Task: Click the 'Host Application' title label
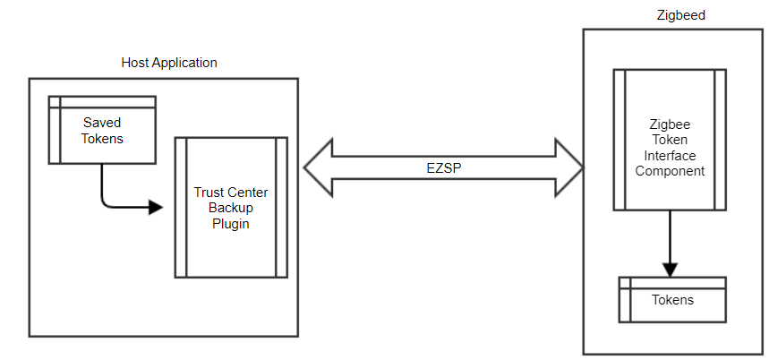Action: point(169,63)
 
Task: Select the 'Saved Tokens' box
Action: point(102,130)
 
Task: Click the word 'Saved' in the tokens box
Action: point(102,122)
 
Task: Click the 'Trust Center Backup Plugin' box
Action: point(231,208)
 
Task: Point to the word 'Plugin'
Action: point(231,224)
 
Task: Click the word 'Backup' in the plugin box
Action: point(231,209)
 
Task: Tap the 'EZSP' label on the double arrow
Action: point(445,167)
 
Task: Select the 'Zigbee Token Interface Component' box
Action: point(670,139)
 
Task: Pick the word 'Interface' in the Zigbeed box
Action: point(670,155)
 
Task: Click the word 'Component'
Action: point(670,171)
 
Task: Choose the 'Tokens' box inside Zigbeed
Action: point(671,300)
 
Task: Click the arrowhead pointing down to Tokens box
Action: point(670,270)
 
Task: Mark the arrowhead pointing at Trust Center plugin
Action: point(156,208)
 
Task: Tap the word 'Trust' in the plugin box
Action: point(209,193)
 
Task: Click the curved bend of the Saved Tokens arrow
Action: point(106,203)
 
